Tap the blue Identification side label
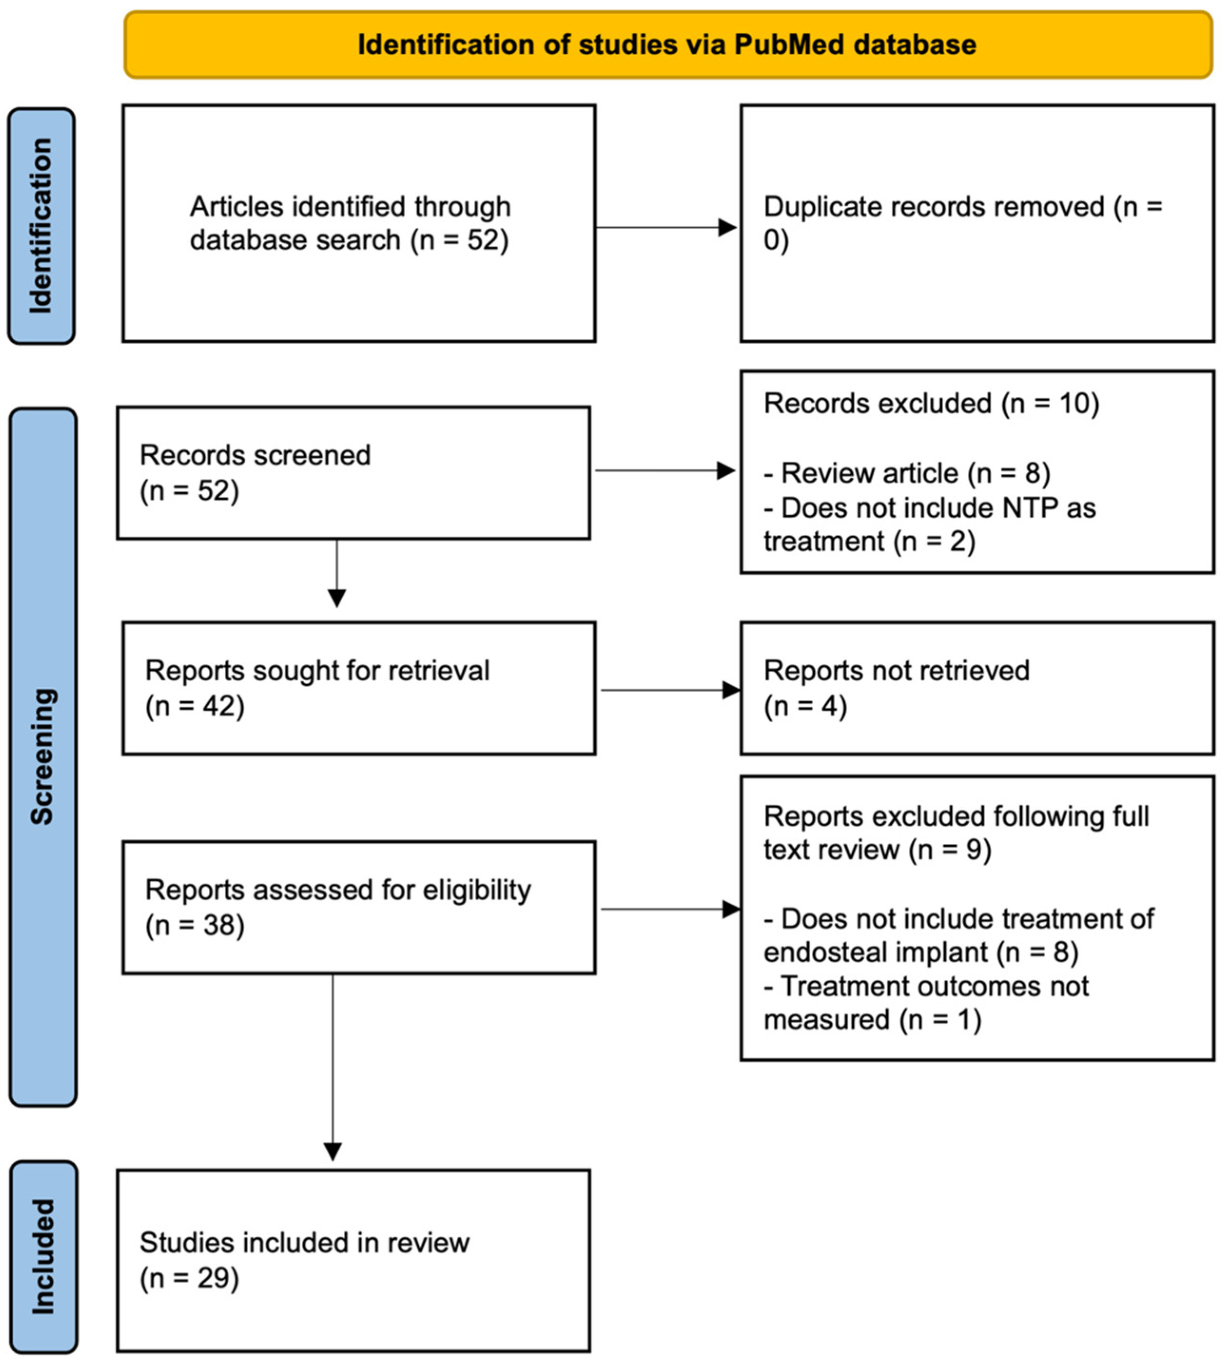click(x=41, y=226)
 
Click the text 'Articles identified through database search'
click(x=349, y=223)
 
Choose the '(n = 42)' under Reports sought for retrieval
click(x=195, y=706)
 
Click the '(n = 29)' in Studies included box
click(x=189, y=1278)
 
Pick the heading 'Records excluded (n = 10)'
click(x=931, y=404)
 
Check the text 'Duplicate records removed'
click(x=934, y=207)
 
